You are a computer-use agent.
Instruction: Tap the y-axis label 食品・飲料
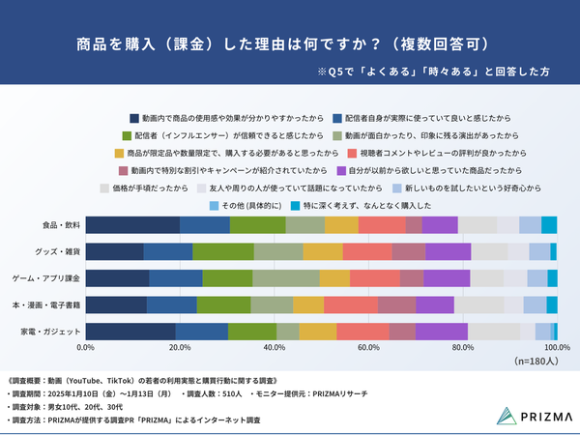coord(60,225)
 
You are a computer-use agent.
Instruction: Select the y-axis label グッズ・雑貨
coord(58,251)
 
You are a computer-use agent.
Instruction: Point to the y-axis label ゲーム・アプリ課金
coord(47,278)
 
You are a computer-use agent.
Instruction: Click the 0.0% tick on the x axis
coord(86,347)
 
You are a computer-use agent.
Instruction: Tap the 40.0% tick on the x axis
coord(275,347)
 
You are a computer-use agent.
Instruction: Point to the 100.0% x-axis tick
coord(556,347)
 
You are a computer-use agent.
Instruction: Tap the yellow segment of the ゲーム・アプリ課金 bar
coord(334,278)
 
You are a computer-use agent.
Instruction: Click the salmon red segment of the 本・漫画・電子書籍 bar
coord(350,304)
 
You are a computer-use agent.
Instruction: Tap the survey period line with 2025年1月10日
coord(91,393)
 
